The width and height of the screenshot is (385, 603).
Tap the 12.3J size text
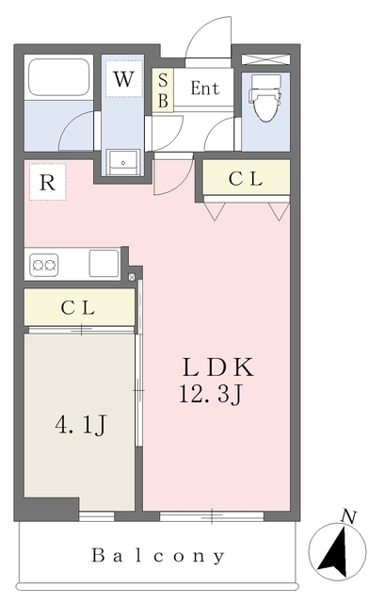click(212, 394)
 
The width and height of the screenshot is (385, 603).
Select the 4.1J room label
click(80, 426)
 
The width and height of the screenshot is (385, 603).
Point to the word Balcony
click(158, 556)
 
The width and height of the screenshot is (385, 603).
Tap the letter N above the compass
click(349, 515)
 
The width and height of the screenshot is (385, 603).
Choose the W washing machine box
click(123, 80)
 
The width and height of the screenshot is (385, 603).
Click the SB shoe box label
click(163, 90)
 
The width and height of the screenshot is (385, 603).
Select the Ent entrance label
click(204, 90)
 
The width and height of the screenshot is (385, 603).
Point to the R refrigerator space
click(47, 183)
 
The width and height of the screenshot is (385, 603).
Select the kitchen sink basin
click(104, 263)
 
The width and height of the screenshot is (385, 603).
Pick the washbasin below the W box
click(123, 162)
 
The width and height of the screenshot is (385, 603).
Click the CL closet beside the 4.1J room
click(80, 308)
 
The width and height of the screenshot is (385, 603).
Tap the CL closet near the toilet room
click(246, 180)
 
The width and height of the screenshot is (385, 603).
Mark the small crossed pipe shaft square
click(132, 277)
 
